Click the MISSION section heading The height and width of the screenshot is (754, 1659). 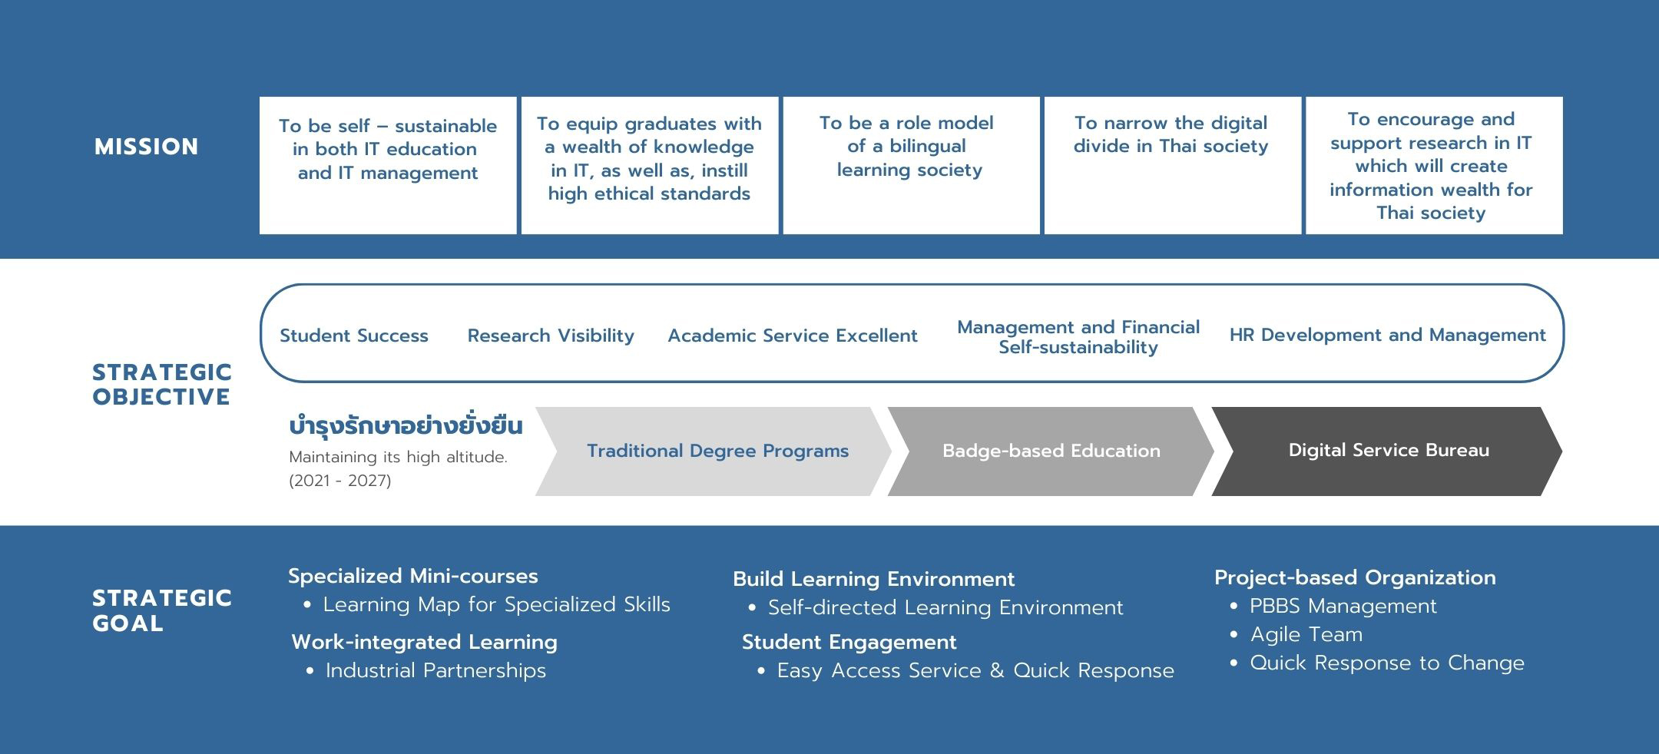pyautogui.click(x=146, y=147)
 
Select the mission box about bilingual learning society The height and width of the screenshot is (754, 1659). pyautogui.click(x=911, y=165)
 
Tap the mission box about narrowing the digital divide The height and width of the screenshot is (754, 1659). pyautogui.click(x=1172, y=165)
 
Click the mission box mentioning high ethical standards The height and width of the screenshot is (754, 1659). pyautogui.click(x=649, y=165)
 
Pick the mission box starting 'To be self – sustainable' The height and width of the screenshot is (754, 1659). pyautogui.click(x=388, y=165)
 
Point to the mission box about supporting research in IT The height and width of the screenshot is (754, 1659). pyautogui.click(x=1434, y=165)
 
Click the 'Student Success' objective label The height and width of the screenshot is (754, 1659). pyautogui.click(x=354, y=336)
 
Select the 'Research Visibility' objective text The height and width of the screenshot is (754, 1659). pyautogui.click(x=551, y=336)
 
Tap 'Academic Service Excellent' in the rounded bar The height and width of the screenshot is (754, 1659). pyautogui.click(x=793, y=336)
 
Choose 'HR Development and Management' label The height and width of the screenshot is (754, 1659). pyautogui.click(x=1387, y=335)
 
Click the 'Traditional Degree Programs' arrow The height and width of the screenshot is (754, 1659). pyautogui.click(x=713, y=451)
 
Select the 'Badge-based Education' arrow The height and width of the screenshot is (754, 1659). pyautogui.click(x=1050, y=451)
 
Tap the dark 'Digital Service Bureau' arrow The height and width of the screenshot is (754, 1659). pyautogui.click(x=1386, y=451)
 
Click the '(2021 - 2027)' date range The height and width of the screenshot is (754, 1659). pyautogui.click(x=340, y=481)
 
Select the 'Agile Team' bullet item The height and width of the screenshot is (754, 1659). pyautogui.click(x=1306, y=634)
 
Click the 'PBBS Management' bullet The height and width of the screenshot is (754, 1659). pyautogui.click(x=1343, y=606)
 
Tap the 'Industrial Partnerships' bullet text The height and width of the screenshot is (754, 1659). pyautogui.click(x=435, y=670)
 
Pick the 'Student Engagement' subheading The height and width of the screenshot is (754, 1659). pyautogui.click(x=849, y=642)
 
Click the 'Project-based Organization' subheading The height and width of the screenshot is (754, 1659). pyautogui.click(x=1355, y=577)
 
